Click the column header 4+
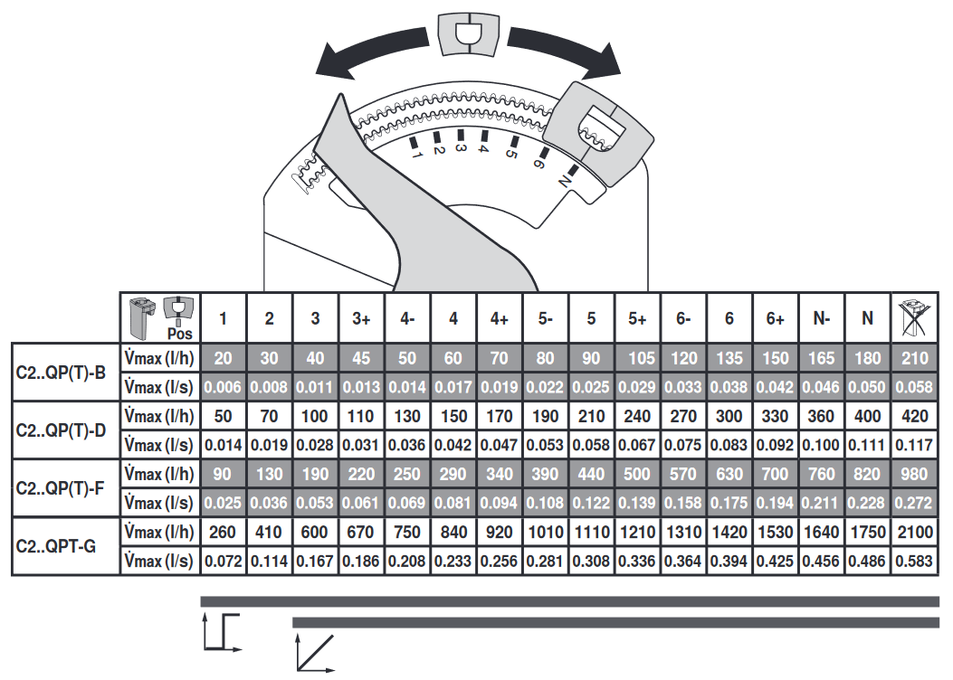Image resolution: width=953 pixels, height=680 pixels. (499, 318)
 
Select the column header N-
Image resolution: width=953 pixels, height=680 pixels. (821, 318)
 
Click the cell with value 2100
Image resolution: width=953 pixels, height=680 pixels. (914, 533)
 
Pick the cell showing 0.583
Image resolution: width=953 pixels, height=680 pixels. (914, 562)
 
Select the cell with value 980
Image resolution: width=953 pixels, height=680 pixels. (914, 474)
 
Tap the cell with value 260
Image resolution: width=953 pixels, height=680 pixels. (223, 533)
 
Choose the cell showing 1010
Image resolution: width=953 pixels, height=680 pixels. (545, 533)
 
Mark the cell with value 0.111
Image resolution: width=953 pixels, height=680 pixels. (867, 445)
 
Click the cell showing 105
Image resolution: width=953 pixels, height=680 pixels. (637, 357)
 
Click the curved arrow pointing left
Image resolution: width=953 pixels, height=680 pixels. (371, 56)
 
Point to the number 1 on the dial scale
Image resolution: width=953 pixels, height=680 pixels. (417, 155)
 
